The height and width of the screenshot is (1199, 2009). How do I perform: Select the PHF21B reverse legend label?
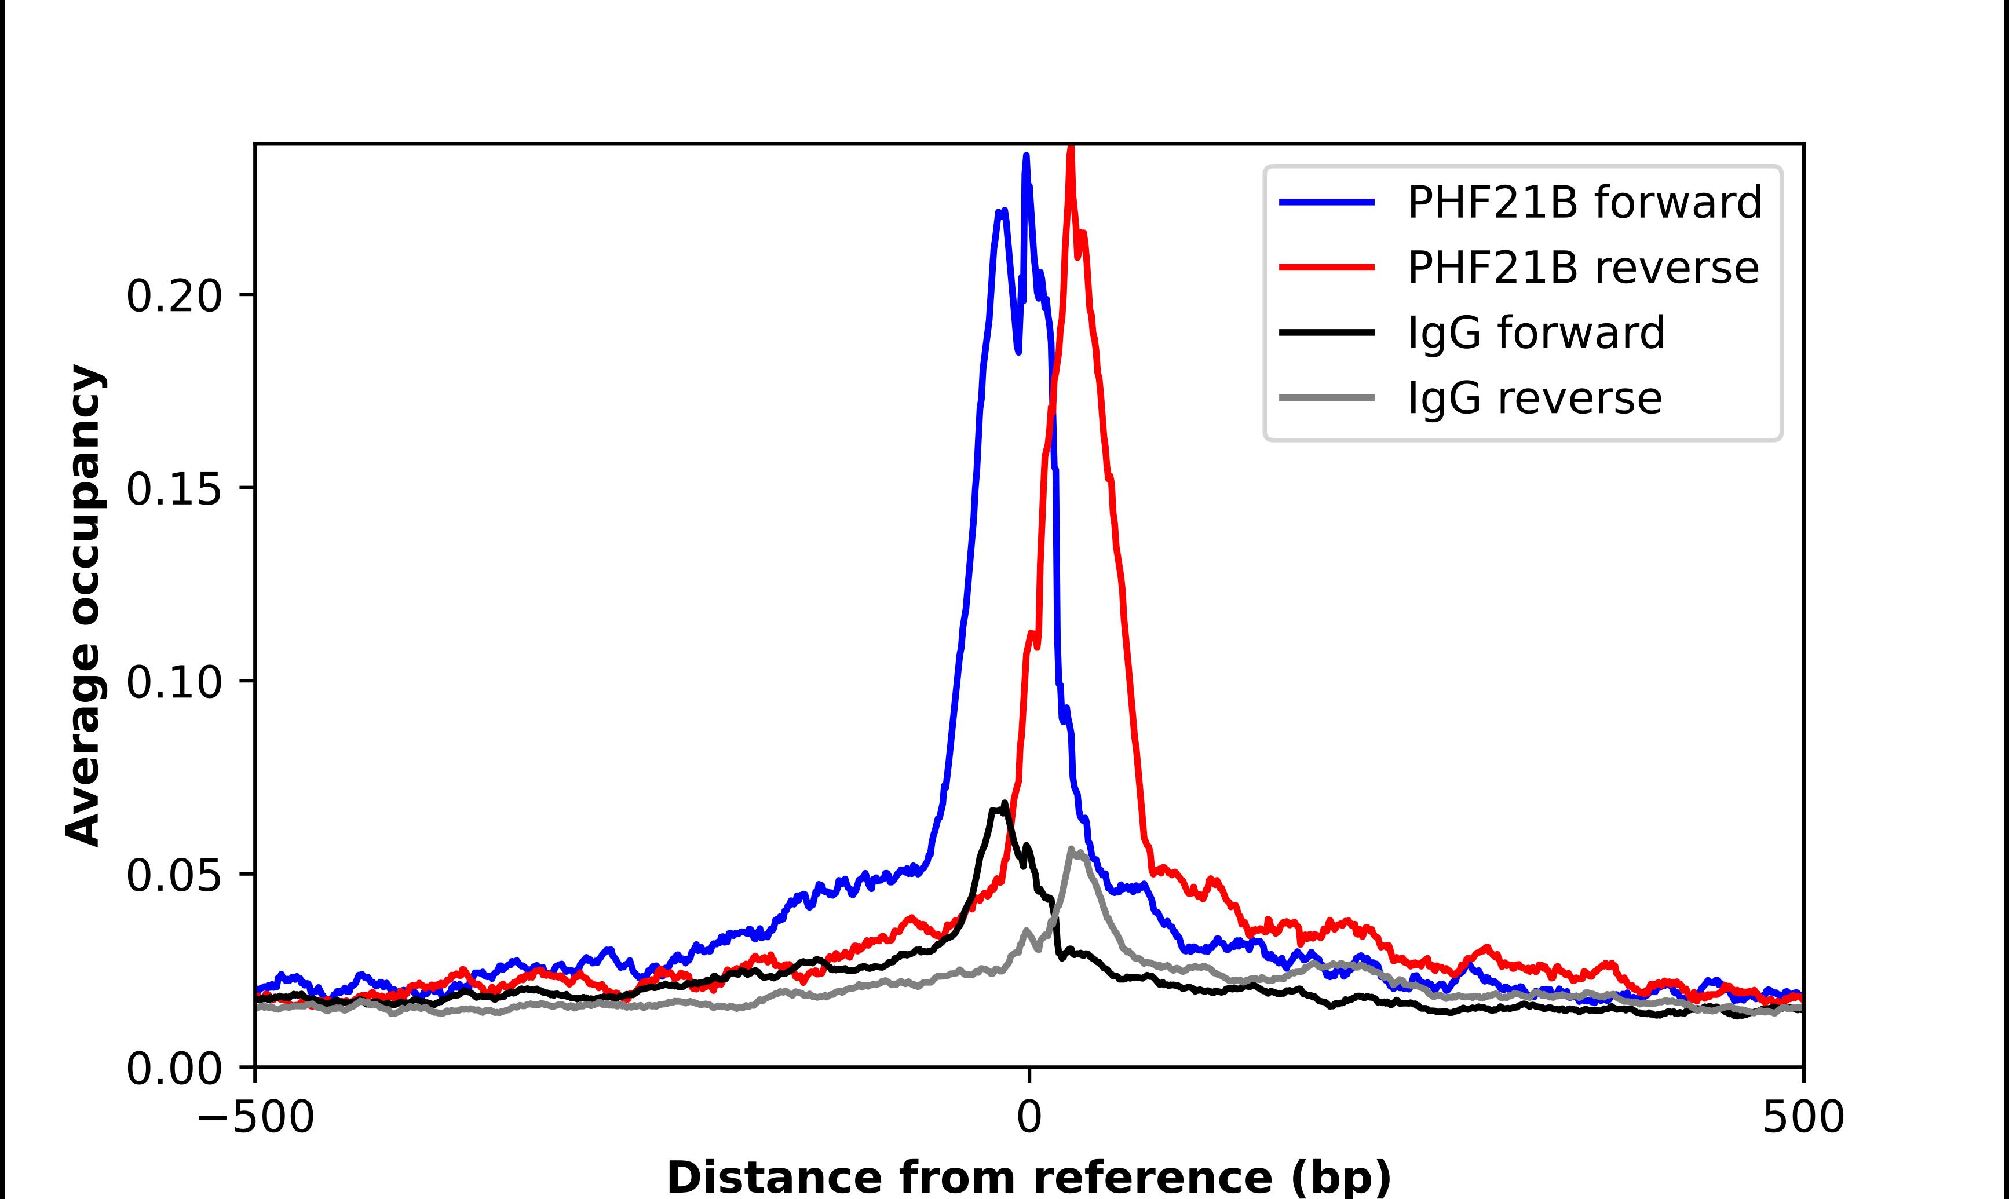click(1583, 268)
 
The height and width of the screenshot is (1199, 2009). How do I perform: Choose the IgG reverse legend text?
click(1534, 397)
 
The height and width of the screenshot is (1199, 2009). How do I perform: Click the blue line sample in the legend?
click(1327, 202)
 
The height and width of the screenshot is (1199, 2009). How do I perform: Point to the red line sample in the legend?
click(1327, 268)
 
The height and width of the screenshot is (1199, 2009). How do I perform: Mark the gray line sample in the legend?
click(1327, 397)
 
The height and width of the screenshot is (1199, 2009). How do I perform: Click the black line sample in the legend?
click(1327, 332)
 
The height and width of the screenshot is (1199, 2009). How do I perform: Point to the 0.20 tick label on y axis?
click(174, 296)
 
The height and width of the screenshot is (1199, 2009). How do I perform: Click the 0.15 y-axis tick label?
click(174, 489)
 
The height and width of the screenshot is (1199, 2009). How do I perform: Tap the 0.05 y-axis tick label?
click(174, 875)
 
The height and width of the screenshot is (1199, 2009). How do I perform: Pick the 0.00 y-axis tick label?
click(174, 1068)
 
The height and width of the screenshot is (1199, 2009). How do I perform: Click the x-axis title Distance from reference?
click(1028, 1176)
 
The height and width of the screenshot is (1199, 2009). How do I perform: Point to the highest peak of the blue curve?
click(1026, 156)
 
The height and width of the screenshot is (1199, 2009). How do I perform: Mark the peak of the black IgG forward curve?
click(1005, 803)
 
